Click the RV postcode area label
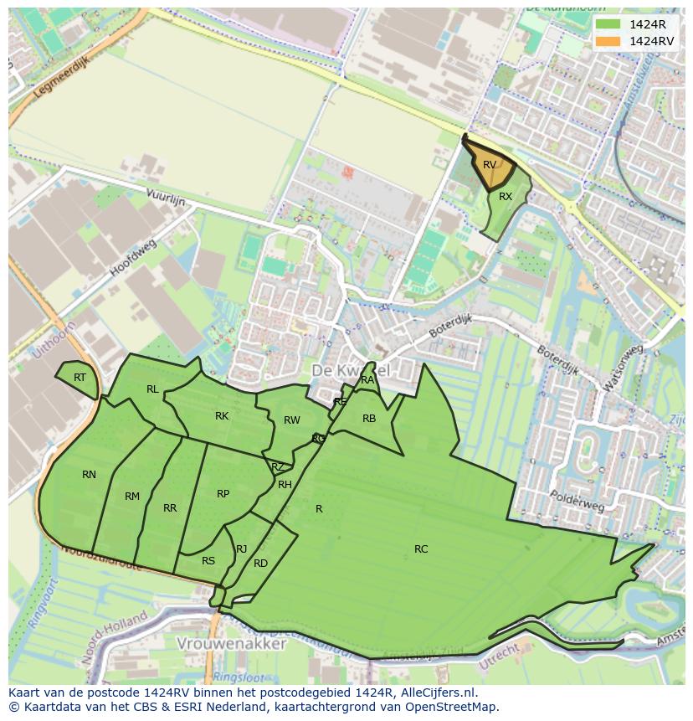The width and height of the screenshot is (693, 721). click(x=490, y=165)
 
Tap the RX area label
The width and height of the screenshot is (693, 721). click(x=506, y=197)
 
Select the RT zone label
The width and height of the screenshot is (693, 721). click(x=80, y=378)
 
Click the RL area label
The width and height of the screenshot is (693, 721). click(x=152, y=389)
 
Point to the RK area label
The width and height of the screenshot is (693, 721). click(x=222, y=416)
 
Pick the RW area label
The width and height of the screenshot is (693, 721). click(x=291, y=420)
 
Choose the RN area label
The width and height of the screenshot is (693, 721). click(x=89, y=475)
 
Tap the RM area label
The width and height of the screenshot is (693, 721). click(x=132, y=497)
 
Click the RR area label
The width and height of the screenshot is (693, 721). click(x=170, y=508)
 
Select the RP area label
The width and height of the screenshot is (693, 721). click(x=223, y=494)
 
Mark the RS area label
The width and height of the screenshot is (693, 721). click(x=208, y=561)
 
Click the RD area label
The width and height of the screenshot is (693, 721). click(x=260, y=564)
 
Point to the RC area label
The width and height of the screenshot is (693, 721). click(x=421, y=549)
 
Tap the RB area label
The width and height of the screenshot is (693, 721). click(x=369, y=419)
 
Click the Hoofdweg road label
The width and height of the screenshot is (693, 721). click(x=133, y=260)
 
